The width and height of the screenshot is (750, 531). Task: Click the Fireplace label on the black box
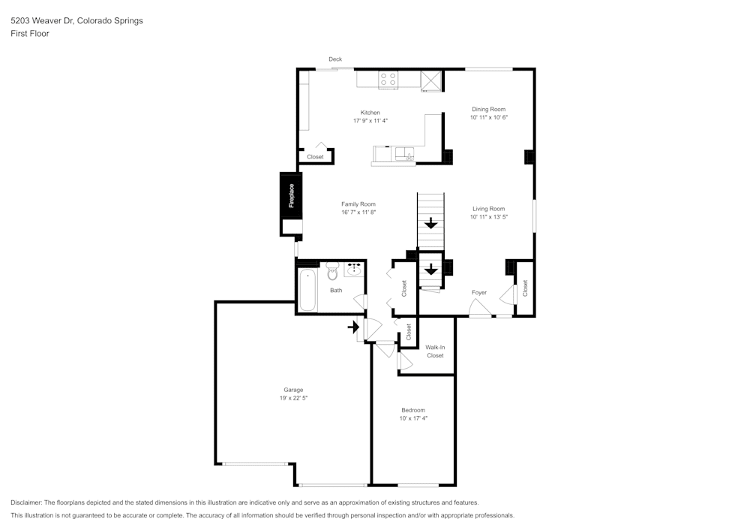291,196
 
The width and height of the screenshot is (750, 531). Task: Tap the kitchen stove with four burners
388,79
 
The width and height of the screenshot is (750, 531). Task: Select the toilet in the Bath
332,271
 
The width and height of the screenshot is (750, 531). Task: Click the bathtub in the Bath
307,290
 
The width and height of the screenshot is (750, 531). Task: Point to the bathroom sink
354,270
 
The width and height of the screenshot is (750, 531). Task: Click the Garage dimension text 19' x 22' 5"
293,398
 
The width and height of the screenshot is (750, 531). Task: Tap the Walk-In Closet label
435,351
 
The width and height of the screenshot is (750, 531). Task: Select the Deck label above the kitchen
335,59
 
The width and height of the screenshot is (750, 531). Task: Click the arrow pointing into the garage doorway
353,327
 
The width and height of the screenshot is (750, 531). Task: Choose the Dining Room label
488,109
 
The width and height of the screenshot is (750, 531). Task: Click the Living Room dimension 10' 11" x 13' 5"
488,217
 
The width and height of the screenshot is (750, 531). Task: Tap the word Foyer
479,293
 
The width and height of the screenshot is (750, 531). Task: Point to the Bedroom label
413,410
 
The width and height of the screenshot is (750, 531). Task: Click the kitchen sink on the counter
405,154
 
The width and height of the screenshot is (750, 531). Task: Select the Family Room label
358,204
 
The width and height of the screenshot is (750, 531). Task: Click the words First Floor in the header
30,34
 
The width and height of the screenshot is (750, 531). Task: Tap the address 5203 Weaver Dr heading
41,20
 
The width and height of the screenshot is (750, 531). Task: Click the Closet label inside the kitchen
315,156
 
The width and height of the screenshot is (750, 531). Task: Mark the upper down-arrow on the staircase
431,223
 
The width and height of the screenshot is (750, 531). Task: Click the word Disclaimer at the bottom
25,502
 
